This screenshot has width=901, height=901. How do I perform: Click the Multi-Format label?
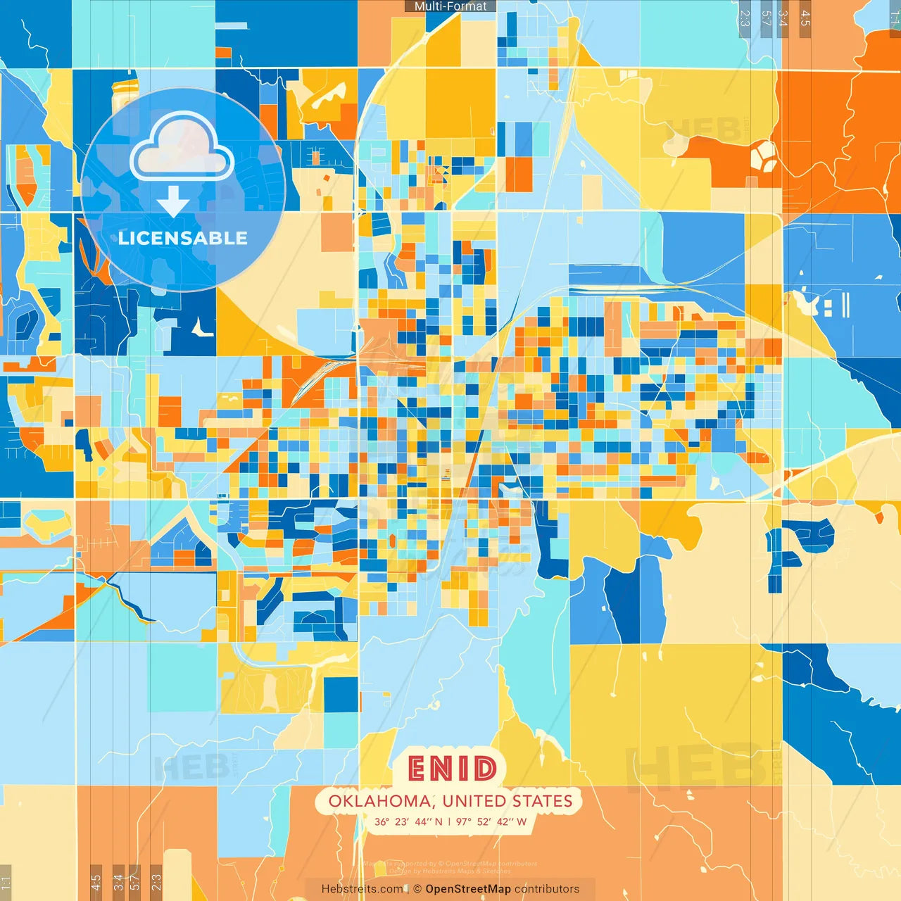pyautogui.click(x=450, y=6)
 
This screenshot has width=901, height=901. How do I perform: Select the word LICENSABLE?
pyautogui.click(x=182, y=238)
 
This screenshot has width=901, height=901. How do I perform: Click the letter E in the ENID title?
pyautogui.click(x=419, y=769)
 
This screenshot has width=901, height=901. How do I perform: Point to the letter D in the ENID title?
pyautogui.click(x=485, y=769)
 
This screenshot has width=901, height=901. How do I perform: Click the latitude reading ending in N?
pyautogui.click(x=408, y=821)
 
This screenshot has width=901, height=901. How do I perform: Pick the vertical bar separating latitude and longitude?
pyautogui.click(x=449, y=821)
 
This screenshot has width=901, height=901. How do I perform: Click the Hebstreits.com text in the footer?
pyautogui.click(x=362, y=889)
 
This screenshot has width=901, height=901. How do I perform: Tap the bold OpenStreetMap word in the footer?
pyautogui.click(x=468, y=889)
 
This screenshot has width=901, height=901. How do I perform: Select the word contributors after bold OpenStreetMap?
pyautogui.click(x=547, y=889)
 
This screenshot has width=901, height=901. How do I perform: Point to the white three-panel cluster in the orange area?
pyautogui.click(x=764, y=156)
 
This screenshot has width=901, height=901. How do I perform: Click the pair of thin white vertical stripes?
pyautogui.click(x=845, y=305)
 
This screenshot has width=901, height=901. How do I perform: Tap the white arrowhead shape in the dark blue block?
pyautogui.click(x=202, y=327)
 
